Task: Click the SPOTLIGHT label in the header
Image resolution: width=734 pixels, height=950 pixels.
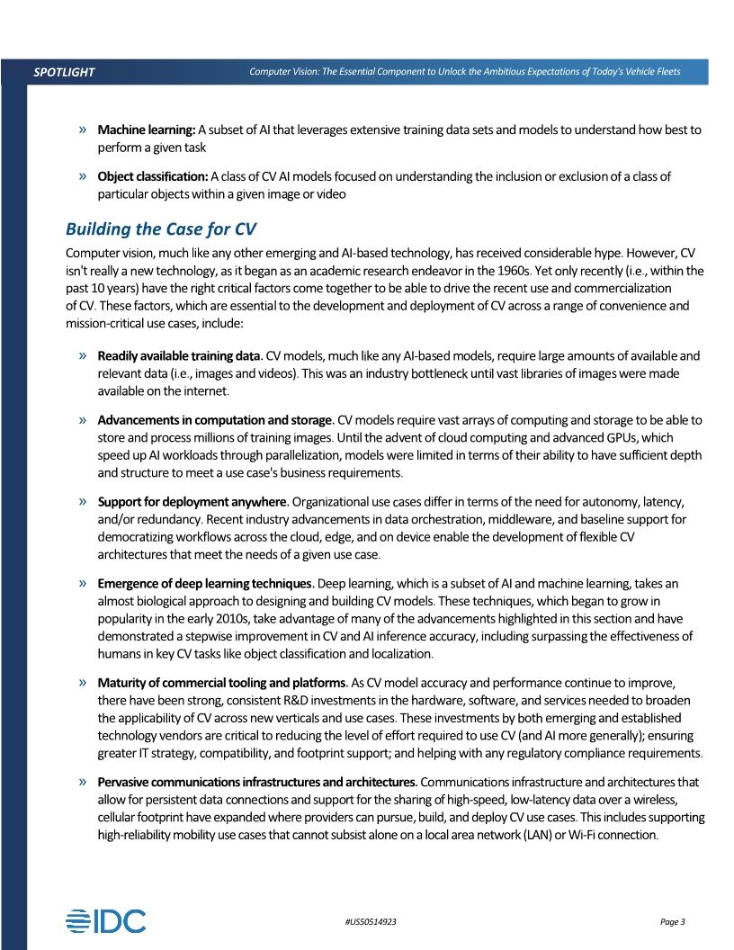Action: click(64, 72)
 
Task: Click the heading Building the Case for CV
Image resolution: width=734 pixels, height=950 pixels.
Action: click(161, 229)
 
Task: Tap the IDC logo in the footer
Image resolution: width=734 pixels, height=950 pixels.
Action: click(105, 920)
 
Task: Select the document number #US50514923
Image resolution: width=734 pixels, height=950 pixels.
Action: click(371, 922)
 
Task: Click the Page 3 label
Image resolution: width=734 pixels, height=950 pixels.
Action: click(673, 922)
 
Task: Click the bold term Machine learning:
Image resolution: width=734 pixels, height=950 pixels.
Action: click(147, 130)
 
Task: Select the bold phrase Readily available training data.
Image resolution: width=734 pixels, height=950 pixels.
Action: click(180, 356)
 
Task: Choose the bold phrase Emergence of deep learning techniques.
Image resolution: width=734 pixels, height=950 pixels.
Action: click(206, 583)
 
